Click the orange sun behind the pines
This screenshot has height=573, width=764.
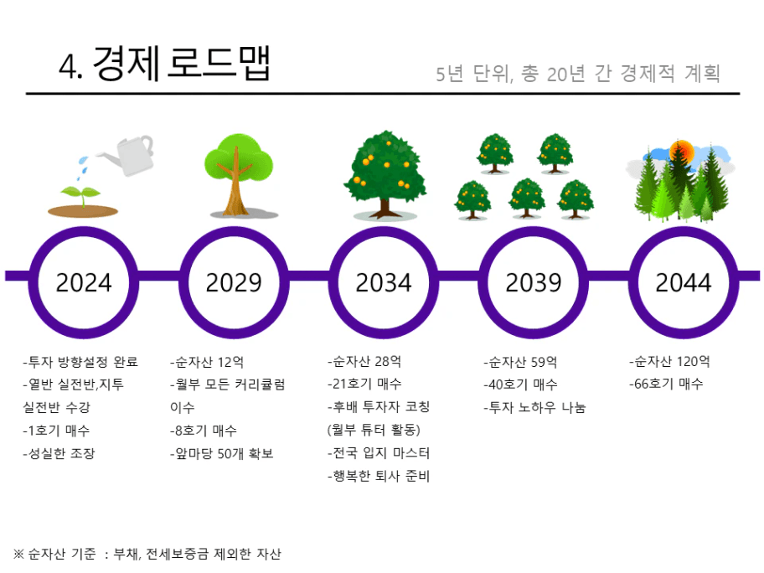(x=682, y=151)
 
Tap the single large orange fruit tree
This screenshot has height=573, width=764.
(x=385, y=174)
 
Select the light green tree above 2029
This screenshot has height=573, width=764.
(x=238, y=174)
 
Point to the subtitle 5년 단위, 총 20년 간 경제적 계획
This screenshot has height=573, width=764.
(x=578, y=74)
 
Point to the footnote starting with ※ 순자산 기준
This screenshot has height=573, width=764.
(x=147, y=554)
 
